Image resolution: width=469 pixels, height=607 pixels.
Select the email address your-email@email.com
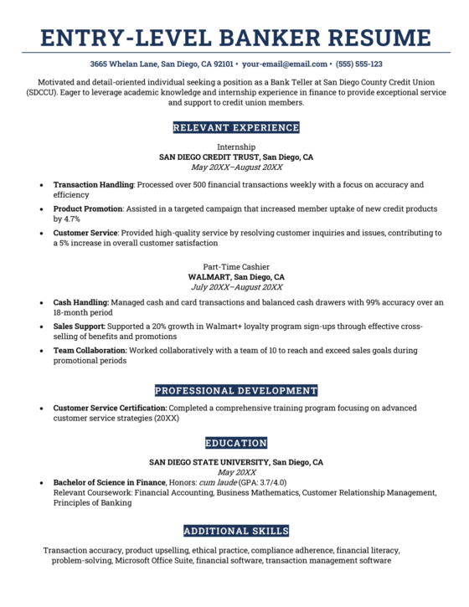286,64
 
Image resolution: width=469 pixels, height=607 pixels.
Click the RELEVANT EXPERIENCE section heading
235,128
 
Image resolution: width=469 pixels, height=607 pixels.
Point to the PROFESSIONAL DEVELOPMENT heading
235,390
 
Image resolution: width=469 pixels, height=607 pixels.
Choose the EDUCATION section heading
235,443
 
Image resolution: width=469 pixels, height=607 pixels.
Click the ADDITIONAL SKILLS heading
235,531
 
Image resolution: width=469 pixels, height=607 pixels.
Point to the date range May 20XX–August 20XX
235,167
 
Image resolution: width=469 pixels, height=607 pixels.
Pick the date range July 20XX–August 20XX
235,287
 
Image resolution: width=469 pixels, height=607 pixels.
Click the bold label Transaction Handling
93,183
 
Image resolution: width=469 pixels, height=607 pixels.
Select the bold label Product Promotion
88,208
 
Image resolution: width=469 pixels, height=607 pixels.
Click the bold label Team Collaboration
90,350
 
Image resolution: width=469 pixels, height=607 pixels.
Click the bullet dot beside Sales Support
42,327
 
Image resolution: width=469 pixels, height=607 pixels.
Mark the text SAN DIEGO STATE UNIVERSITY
209,462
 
